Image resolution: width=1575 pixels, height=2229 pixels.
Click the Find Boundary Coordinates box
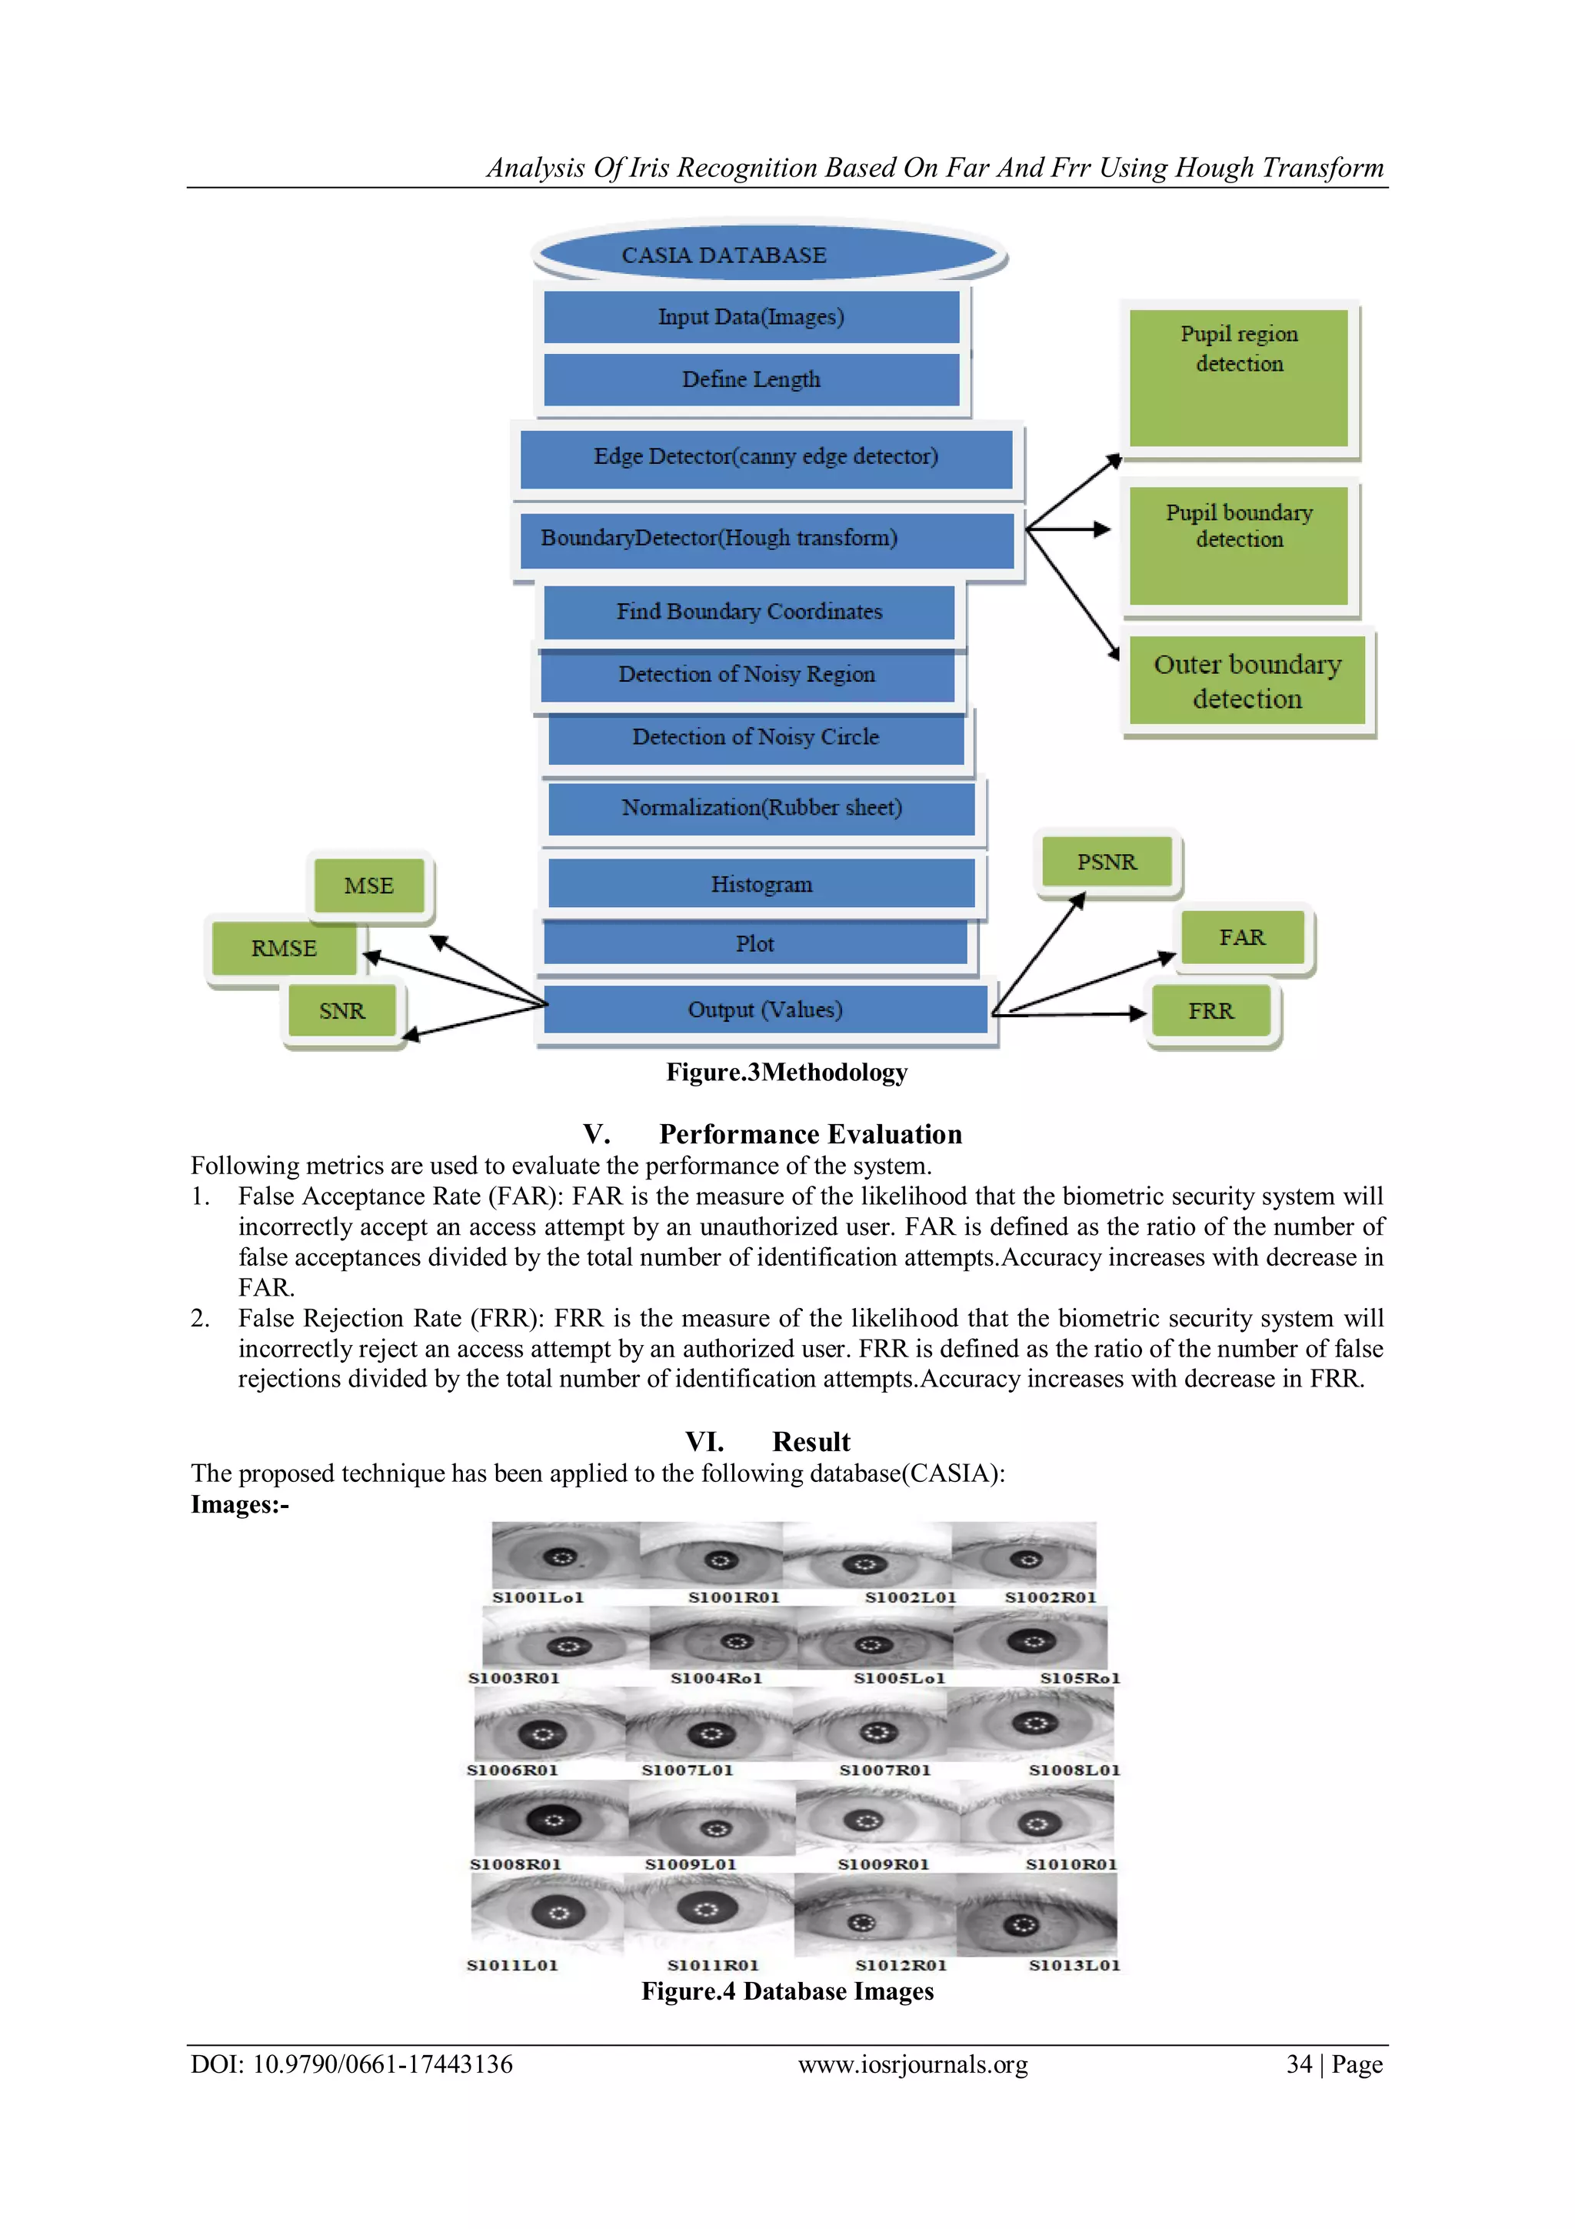[748, 612]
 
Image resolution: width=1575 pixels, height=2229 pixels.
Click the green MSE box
[369, 886]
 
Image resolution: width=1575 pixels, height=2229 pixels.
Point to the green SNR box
[341, 1010]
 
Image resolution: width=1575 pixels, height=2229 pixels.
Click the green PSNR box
[1107, 862]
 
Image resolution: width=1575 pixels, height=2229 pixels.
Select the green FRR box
[1210, 1010]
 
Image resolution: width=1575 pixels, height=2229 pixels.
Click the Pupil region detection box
[1238, 379]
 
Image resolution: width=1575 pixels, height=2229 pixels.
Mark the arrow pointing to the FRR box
[1077, 1013]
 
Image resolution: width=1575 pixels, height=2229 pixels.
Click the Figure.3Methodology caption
[786, 1072]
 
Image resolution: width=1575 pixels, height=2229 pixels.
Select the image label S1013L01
[1074, 1965]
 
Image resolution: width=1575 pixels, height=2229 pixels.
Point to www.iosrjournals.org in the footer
[912, 2065]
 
